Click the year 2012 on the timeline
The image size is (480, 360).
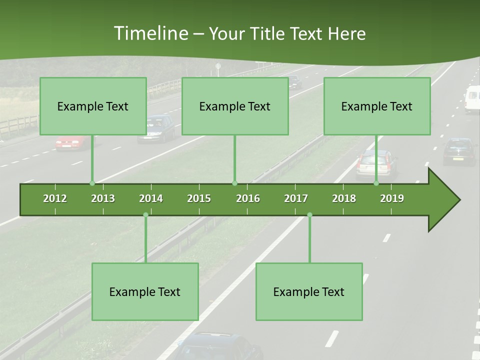pos(55,198)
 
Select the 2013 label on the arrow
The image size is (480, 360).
pos(103,198)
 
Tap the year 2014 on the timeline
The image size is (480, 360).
pos(151,198)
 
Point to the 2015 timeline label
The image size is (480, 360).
pos(199,198)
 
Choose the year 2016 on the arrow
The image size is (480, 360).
pos(248,198)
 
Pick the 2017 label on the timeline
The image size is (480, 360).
pos(296,198)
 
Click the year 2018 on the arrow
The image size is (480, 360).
pos(344,198)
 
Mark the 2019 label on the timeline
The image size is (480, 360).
pos(392,198)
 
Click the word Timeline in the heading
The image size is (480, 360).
pos(149,33)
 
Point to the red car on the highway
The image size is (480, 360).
pos(70,142)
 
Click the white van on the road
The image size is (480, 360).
pos(472,98)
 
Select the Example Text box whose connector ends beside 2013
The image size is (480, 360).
pos(93,106)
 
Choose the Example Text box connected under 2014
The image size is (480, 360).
pos(145,291)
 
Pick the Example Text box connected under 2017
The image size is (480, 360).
pos(309,291)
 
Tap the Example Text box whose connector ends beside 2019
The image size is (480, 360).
pos(377,106)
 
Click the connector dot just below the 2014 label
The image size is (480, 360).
pos(145,214)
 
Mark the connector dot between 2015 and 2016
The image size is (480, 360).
pos(235,183)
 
